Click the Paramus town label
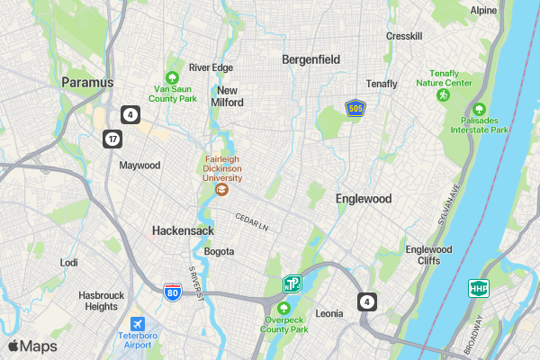[x=87, y=82]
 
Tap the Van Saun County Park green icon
[x=172, y=77]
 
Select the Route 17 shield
[x=112, y=139]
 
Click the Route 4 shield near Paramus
[x=131, y=114]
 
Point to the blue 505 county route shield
[x=355, y=108]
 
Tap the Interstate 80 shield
[x=171, y=292]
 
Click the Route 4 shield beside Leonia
[x=365, y=301]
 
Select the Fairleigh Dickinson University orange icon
[x=222, y=189]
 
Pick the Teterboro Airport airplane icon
[x=137, y=324]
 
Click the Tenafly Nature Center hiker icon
[x=443, y=94]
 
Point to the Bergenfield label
[x=310, y=59]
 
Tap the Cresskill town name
[x=403, y=36]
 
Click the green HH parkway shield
[x=477, y=289]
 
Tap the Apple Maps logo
[x=32, y=346]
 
